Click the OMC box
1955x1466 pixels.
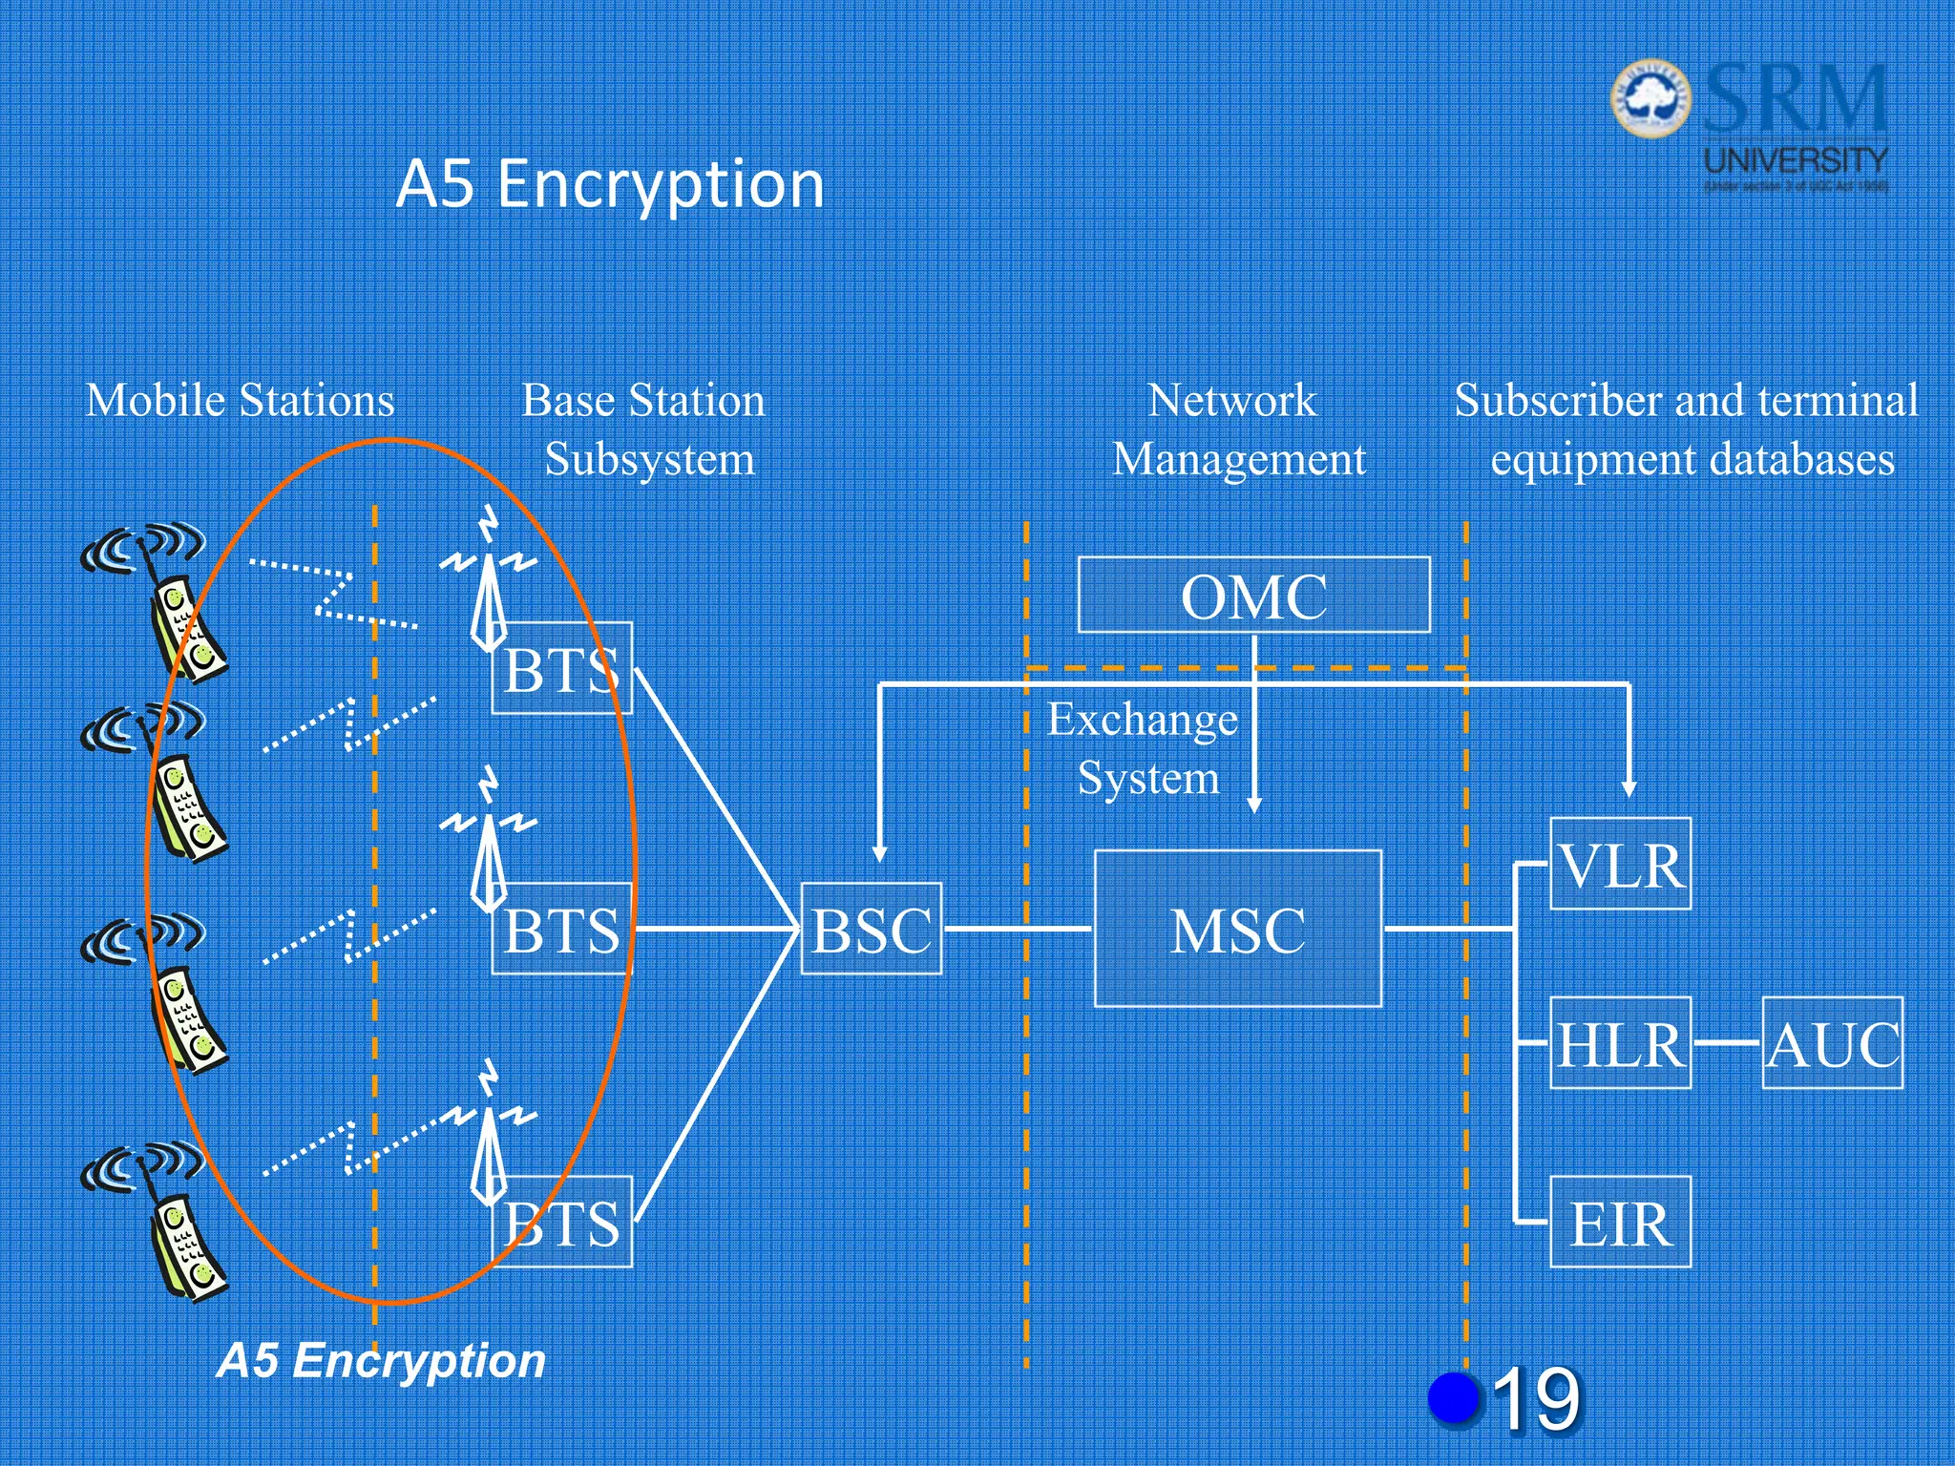1253,595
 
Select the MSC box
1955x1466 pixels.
1237,929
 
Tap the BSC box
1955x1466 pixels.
871,929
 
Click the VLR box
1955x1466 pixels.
1620,864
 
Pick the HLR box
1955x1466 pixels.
1620,1043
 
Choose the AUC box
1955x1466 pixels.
1832,1043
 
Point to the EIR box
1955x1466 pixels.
1620,1223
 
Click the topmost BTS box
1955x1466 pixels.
561,668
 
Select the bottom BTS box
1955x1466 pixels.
561,1223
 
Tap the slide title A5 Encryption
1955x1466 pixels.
609,183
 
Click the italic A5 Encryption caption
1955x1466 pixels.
381,1360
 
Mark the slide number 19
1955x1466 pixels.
1536,1399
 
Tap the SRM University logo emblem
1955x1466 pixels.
1650,98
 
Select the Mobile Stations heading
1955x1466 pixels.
240,400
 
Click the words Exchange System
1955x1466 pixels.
1145,748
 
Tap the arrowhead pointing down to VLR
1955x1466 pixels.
1629,789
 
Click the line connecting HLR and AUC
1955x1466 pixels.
1726,1043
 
